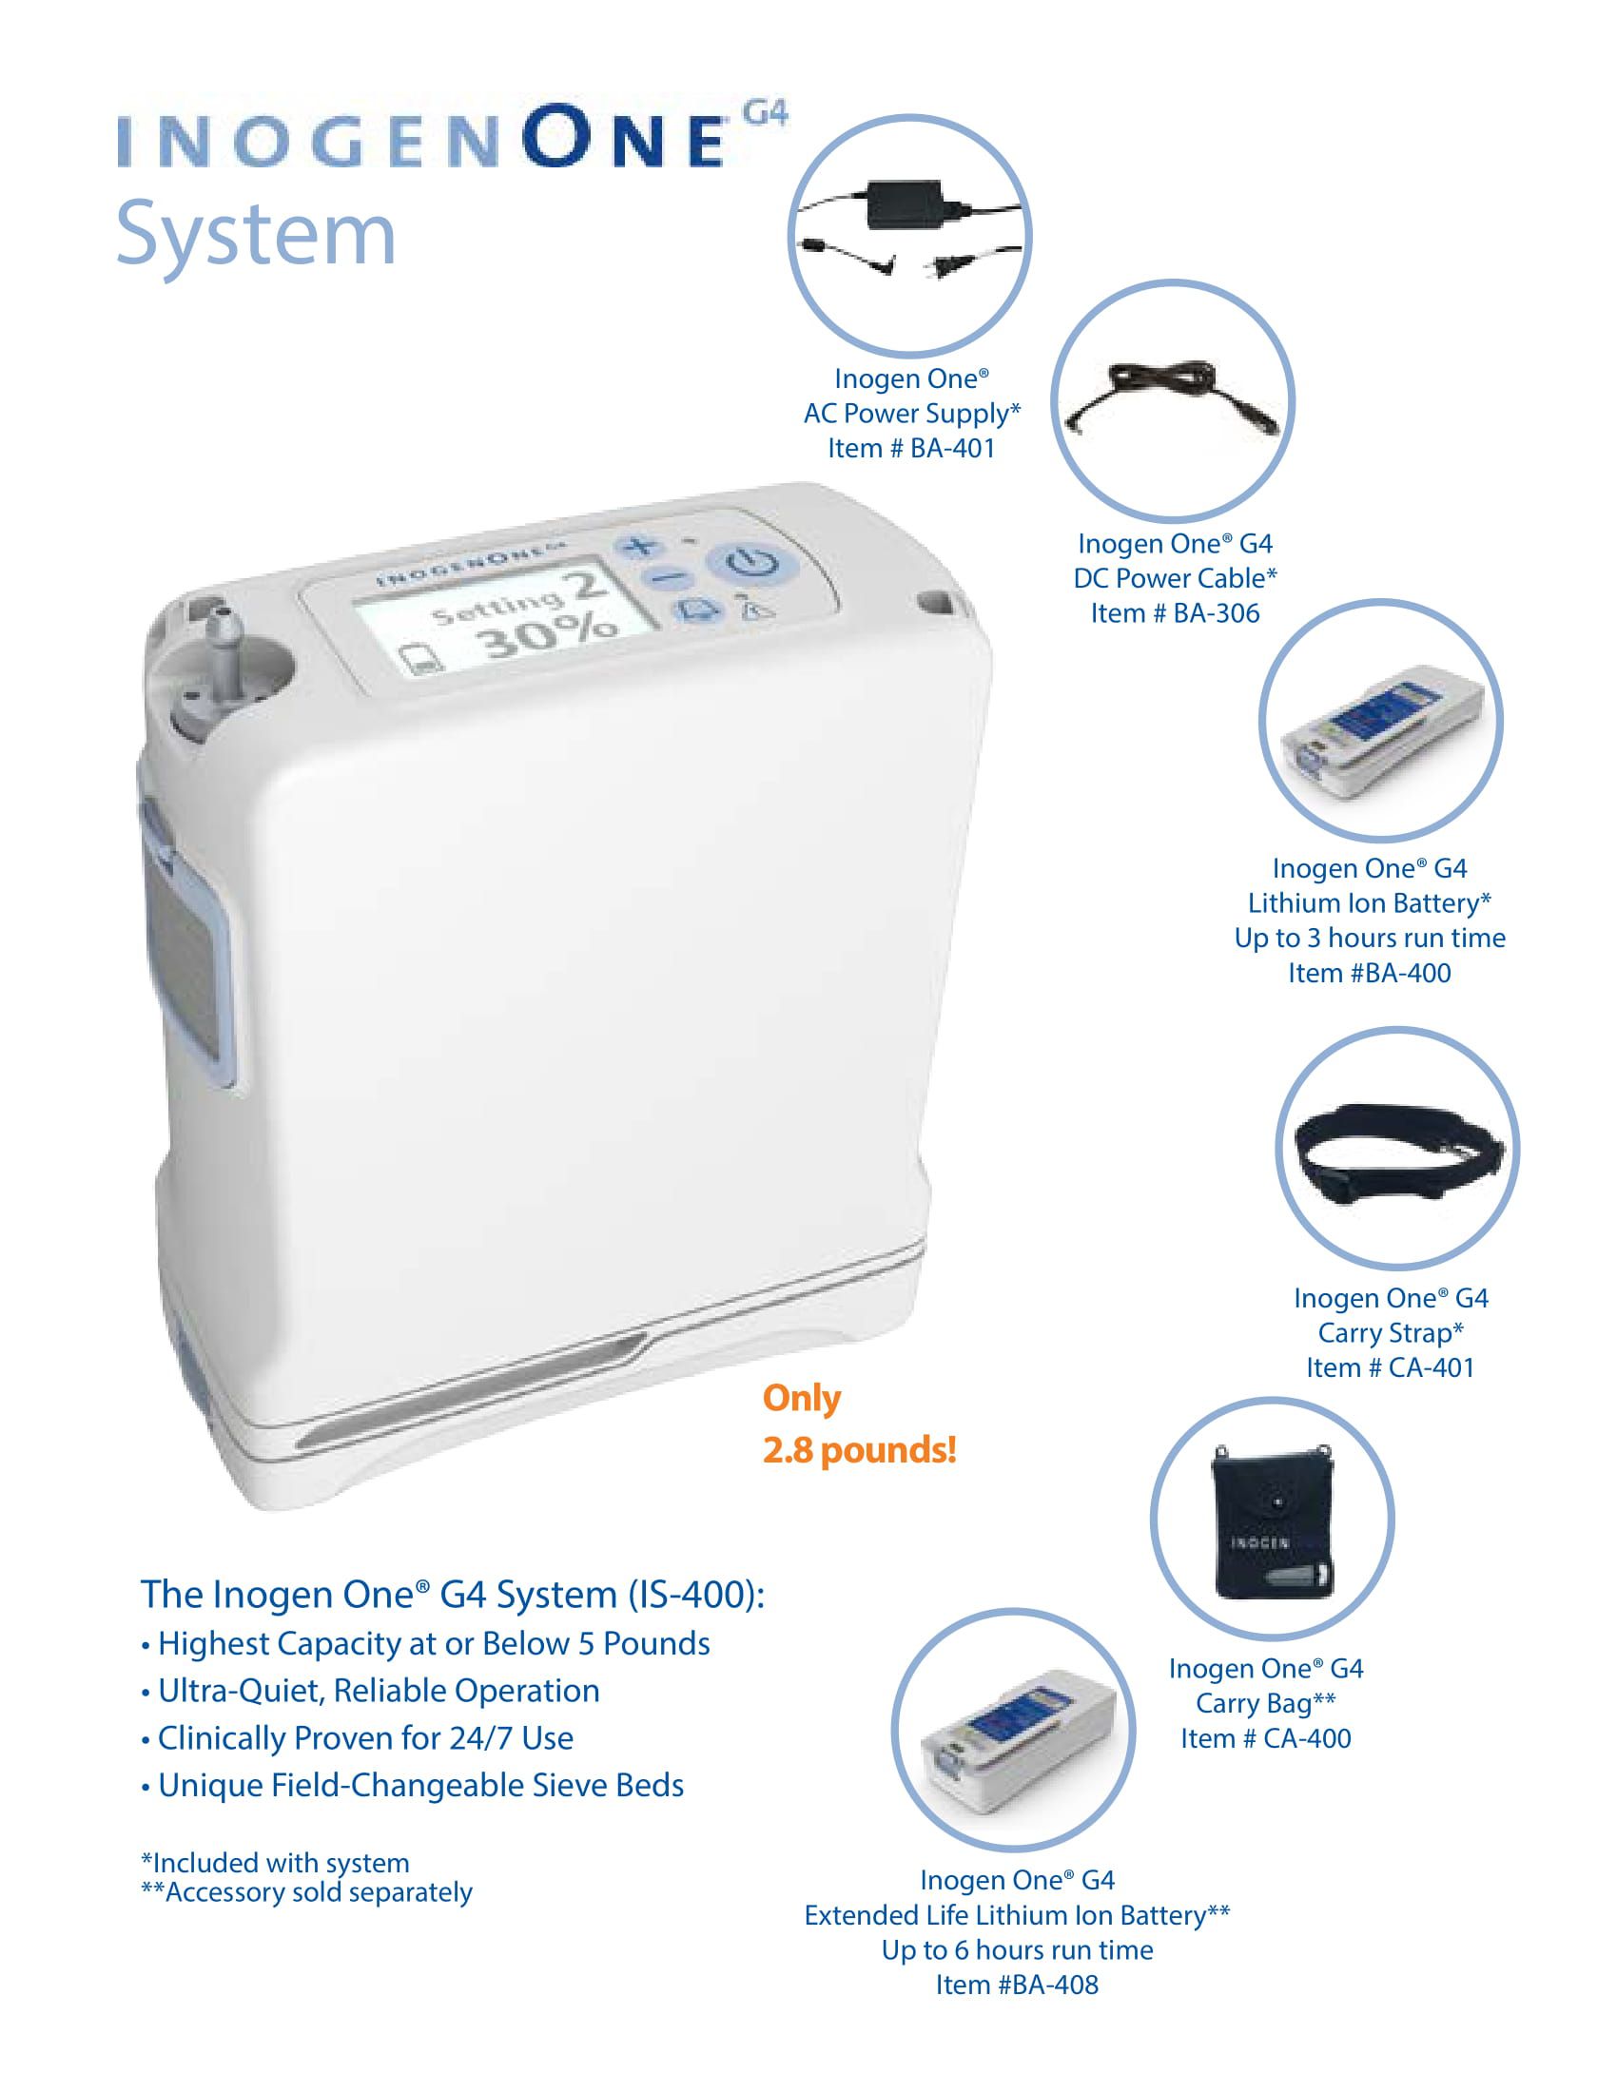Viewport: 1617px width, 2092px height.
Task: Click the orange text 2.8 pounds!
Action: click(x=859, y=1450)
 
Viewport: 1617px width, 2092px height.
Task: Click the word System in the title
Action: click(x=256, y=235)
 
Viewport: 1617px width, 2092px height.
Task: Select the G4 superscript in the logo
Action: click(x=767, y=114)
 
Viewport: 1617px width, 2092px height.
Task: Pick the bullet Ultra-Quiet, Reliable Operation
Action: click(x=379, y=1690)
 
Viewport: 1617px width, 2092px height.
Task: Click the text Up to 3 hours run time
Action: click(x=1369, y=938)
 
